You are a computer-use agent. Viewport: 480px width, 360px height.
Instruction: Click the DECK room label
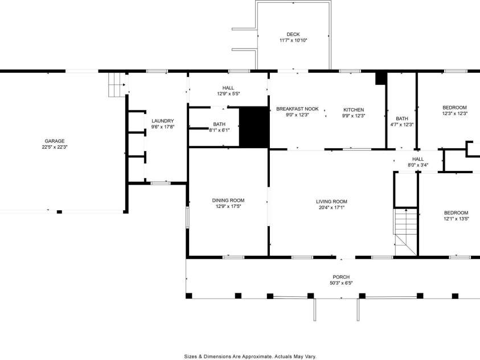[293, 34]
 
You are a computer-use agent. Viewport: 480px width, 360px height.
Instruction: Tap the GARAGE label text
[55, 141]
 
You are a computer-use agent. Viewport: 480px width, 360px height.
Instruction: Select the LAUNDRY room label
[162, 121]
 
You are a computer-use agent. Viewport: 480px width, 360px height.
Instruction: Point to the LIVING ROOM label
[331, 201]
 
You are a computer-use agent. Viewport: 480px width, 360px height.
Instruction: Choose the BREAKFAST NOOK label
[297, 109]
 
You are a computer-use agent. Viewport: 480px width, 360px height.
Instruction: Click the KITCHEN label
[353, 109]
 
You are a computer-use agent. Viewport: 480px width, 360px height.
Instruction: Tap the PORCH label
[342, 277]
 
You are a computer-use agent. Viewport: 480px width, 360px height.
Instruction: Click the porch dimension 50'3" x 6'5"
[342, 283]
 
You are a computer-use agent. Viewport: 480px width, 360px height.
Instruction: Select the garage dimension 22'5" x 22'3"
[55, 147]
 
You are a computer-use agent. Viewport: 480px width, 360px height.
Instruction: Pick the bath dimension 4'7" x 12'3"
[401, 125]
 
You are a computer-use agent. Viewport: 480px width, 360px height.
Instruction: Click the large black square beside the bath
[253, 126]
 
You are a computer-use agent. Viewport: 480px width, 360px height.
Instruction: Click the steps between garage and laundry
[116, 85]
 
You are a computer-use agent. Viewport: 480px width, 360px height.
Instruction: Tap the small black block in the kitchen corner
[381, 79]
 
